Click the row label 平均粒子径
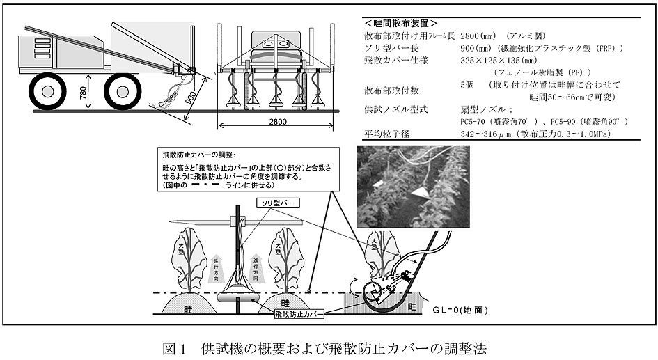tap(387, 134)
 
